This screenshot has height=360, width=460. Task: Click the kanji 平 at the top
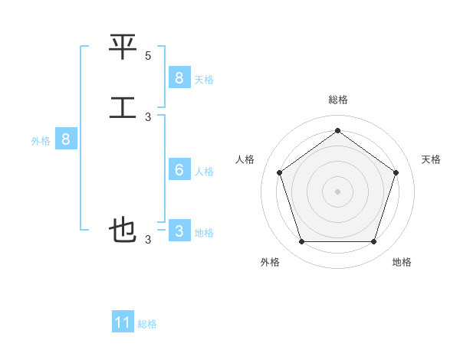click(123, 49)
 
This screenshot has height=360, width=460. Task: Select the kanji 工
click(123, 106)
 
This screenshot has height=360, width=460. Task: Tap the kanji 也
click(123, 229)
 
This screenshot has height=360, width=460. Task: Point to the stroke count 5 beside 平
click(148, 56)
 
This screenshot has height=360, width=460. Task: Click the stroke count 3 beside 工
click(148, 116)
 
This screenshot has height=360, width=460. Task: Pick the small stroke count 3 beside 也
click(148, 240)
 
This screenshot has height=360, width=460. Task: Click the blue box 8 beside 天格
click(179, 77)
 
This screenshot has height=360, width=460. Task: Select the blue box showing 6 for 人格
click(179, 169)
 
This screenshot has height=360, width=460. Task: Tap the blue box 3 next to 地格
click(179, 231)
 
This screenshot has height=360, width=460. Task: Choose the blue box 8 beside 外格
click(66, 139)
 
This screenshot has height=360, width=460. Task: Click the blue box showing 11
click(123, 322)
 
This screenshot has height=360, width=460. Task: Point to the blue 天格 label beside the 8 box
click(204, 79)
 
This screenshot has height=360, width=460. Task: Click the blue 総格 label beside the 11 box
click(147, 324)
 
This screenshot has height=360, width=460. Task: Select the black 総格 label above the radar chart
click(337, 100)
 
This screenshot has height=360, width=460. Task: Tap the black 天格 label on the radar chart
click(432, 159)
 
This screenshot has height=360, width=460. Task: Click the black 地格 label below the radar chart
click(402, 262)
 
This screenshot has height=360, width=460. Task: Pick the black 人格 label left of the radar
click(245, 159)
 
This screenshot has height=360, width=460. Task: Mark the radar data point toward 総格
click(337, 130)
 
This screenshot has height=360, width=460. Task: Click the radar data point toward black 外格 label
click(301, 242)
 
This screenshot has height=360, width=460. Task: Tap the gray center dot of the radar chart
click(337, 191)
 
